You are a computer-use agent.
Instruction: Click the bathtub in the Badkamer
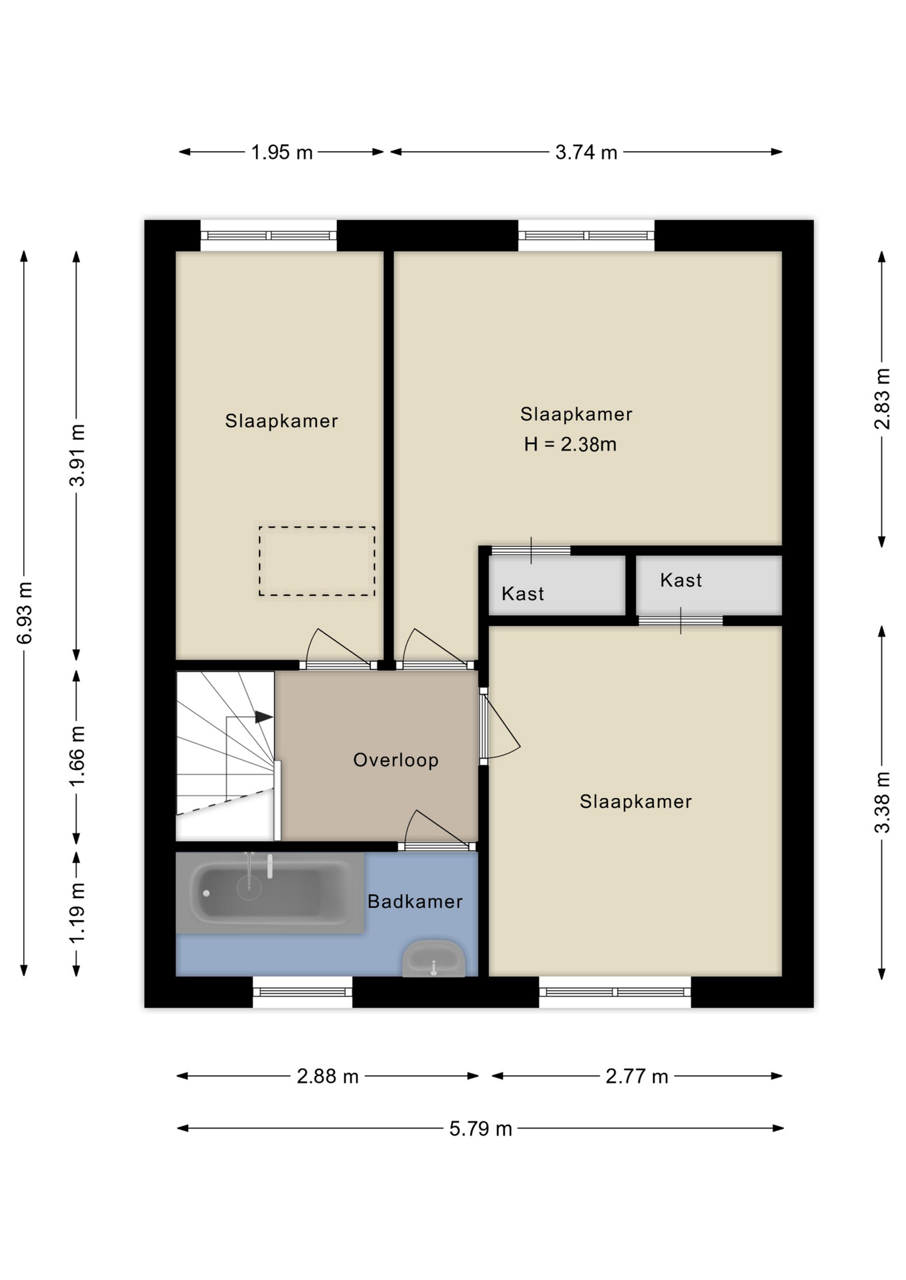[x=270, y=892]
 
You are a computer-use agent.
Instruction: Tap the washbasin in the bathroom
[x=434, y=959]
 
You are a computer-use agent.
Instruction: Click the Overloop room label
[x=396, y=760]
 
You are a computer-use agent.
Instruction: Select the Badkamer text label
[x=415, y=901]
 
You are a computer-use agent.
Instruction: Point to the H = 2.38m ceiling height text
[x=570, y=444]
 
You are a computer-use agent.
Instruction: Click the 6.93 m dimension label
[x=25, y=613]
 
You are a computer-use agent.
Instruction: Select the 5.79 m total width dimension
[x=480, y=1129]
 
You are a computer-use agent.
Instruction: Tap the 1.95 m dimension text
[x=282, y=153]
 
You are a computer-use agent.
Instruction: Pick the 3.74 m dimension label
[x=586, y=153]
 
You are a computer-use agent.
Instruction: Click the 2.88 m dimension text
[x=328, y=1076]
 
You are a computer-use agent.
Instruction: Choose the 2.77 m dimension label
[x=636, y=1076]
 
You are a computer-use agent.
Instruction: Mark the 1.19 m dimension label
[x=77, y=912]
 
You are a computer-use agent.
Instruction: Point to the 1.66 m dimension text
[x=77, y=756]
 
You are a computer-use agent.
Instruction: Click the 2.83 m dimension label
[x=882, y=399]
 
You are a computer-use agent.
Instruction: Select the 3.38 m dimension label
[x=882, y=802]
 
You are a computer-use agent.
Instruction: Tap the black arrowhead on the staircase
[x=264, y=717]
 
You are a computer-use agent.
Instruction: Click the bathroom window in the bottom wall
[x=303, y=992]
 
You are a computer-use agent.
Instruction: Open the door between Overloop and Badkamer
[x=437, y=845]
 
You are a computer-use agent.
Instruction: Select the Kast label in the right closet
[x=681, y=580]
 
